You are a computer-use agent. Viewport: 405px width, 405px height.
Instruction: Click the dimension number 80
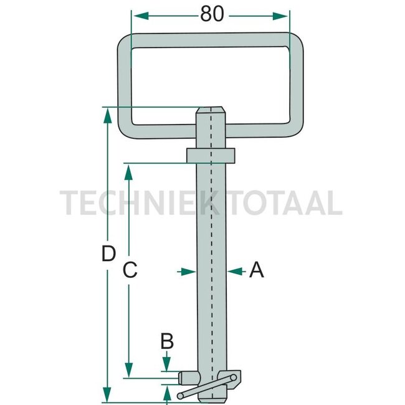click(x=212, y=14)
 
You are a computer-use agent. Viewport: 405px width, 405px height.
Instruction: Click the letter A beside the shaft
click(x=257, y=270)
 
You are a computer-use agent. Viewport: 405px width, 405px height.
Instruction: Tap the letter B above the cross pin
click(x=167, y=341)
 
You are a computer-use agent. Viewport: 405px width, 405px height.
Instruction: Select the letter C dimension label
click(x=130, y=270)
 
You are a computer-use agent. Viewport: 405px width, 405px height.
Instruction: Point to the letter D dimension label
click(x=108, y=254)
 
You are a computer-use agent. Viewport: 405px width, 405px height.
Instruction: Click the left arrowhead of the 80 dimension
click(x=141, y=16)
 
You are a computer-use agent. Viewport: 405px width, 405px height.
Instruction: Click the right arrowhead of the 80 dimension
click(x=280, y=16)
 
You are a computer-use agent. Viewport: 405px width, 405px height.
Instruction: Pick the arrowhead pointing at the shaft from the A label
click(x=235, y=271)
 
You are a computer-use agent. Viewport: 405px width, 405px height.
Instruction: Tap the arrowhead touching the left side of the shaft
click(x=188, y=272)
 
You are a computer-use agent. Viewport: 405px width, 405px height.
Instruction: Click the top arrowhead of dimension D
click(x=107, y=115)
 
